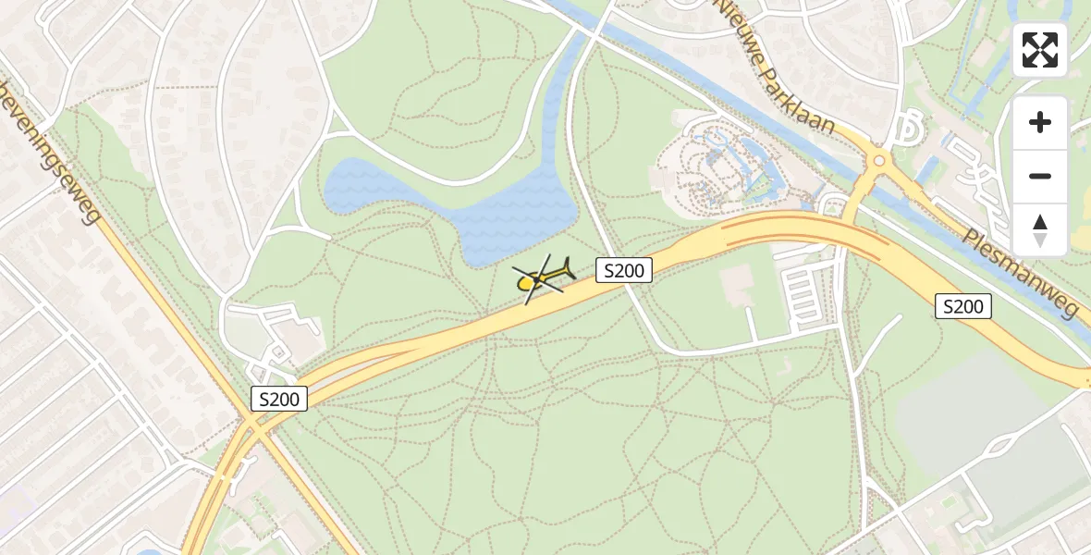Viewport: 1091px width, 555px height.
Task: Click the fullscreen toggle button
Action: (x=1040, y=50)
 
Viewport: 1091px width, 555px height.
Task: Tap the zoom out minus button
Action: (x=1040, y=177)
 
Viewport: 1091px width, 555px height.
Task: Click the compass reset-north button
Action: (x=1040, y=230)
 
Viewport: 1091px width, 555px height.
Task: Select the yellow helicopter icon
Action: (x=542, y=277)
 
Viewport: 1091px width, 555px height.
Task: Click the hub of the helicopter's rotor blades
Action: (x=537, y=278)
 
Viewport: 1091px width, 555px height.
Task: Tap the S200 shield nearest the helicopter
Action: (x=624, y=270)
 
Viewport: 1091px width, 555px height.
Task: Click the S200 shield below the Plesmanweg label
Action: (x=962, y=306)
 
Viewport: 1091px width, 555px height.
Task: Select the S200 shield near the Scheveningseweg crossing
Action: (x=279, y=399)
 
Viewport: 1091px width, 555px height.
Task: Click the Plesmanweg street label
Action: (x=1023, y=274)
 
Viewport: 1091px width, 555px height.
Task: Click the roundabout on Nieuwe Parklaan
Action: (x=878, y=161)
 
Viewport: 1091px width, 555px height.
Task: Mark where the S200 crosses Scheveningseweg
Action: (x=251, y=424)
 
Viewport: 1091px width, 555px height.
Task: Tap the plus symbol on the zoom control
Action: (x=1040, y=122)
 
